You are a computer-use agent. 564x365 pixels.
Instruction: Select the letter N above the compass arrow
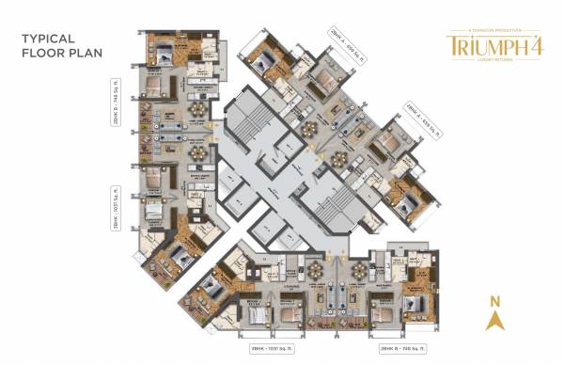coord(493,301)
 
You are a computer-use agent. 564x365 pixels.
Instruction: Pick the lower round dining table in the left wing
coord(198,151)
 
